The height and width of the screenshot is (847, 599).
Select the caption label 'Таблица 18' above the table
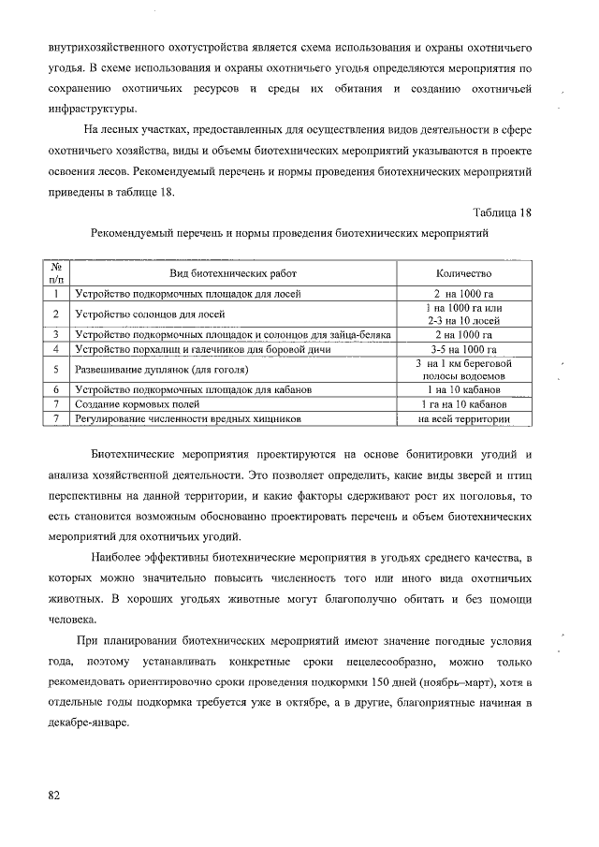[501, 212]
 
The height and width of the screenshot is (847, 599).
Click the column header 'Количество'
[463, 273]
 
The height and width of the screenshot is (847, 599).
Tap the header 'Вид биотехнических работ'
[232, 273]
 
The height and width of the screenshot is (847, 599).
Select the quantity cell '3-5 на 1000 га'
[463, 349]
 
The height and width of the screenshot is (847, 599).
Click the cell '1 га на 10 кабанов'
[463, 403]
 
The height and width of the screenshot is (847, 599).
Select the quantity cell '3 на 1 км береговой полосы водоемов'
[463, 369]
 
